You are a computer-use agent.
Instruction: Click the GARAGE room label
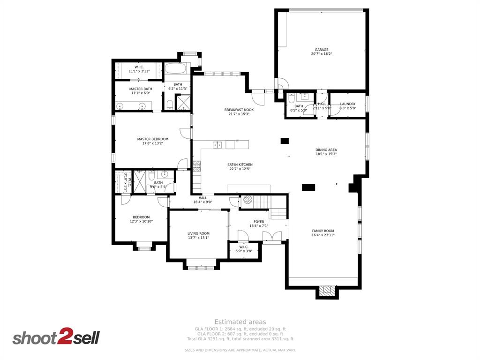(x=322, y=50)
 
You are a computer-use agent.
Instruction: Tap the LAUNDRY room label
(x=347, y=104)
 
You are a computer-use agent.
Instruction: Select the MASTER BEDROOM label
(x=152, y=139)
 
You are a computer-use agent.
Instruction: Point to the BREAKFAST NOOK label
(x=239, y=110)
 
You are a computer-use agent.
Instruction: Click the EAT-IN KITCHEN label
(x=240, y=165)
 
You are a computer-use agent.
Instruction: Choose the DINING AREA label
(x=326, y=150)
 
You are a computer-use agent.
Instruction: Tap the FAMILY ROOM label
(x=323, y=231)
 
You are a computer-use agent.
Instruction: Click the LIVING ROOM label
(x=198, y=233)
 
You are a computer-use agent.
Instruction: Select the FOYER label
(x=259, y=222)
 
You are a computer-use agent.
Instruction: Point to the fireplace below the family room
(x=327, y=291)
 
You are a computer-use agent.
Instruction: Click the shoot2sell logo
(x=56, y=337)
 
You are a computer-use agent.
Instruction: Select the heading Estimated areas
(x=240, y=322)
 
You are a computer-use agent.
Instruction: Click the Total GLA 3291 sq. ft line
(x=240, y=338)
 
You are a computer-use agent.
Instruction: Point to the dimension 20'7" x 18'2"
(x=322, y=54)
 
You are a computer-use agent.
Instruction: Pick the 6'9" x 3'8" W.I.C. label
(x=243, y=249)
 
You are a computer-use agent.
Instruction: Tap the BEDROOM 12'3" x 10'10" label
(x=141, y=219)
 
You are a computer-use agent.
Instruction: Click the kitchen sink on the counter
(x=218, y=145)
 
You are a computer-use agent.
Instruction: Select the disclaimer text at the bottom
(x=240, y=350)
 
